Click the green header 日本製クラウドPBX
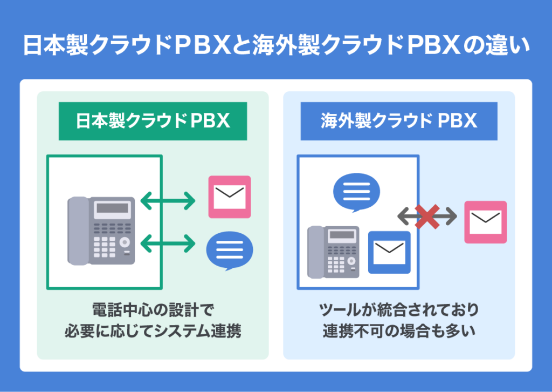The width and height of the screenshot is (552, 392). click(x=153, y=121)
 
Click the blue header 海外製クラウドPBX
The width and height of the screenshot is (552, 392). click(x=399, y=121)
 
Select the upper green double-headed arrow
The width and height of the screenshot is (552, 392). click(x=168, y=201)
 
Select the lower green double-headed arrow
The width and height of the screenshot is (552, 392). click(x=168, y=243)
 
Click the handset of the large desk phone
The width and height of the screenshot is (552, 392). click(x=78, y=231)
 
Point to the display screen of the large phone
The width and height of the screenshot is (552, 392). click(x=112, y=208)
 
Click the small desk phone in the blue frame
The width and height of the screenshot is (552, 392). click(x=333, y=252)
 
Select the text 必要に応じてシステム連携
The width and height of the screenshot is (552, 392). click(x=153, y=331)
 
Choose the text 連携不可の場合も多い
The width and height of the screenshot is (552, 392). click(x=399, y=331)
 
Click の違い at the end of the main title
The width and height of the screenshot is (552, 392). click(x=503, y=46)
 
